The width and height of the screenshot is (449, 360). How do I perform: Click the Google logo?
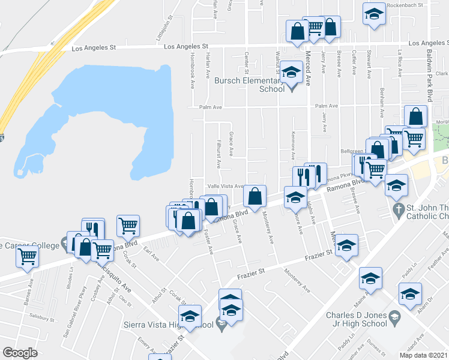[20, 352]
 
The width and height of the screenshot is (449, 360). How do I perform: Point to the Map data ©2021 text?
[424, 355]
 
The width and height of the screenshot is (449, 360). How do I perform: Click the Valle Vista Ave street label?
[226, 187]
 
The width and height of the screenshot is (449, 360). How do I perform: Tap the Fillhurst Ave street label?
[219, 155]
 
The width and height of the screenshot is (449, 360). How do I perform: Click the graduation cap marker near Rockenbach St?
[373, 14]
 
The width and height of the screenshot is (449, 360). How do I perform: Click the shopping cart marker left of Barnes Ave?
[28, 256]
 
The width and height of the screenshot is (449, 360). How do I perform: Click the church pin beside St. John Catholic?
[397, 211]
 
